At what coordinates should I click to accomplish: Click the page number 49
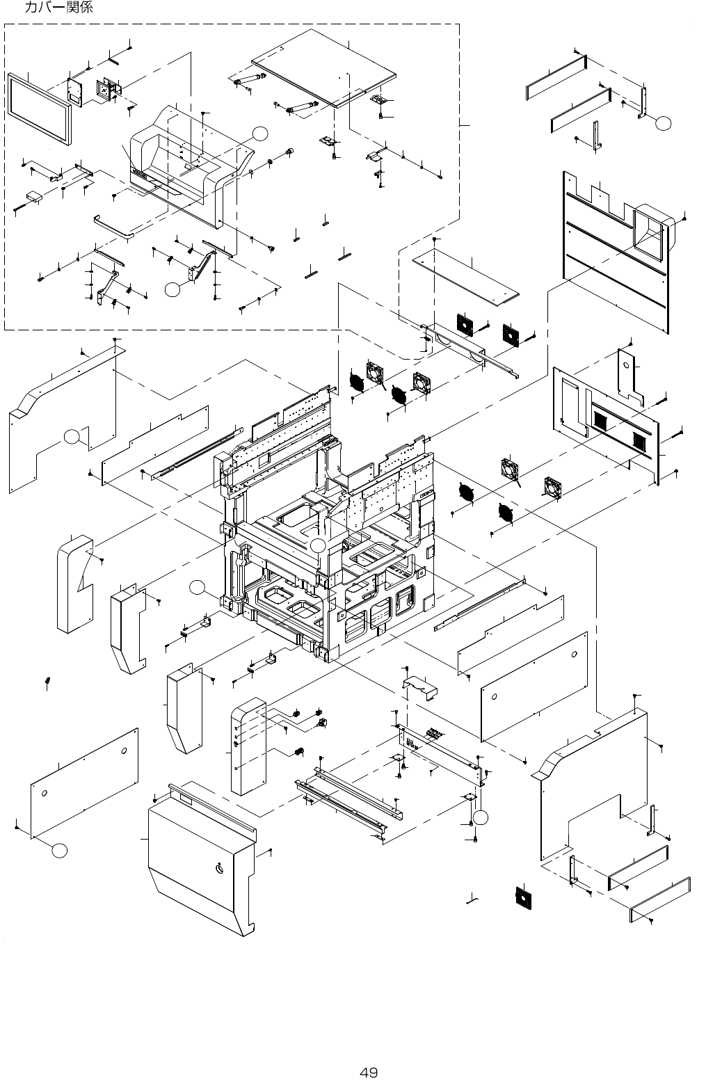coord(369,1073)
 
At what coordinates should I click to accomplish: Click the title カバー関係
coord(58,7)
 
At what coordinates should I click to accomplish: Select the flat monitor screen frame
coord(39,109)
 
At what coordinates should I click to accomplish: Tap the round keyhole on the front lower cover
coord(220,868)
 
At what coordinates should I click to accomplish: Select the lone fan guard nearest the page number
coord(523,898)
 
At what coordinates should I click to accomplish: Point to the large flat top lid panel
coord(323,67)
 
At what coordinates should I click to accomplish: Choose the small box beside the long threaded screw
coord(34,196)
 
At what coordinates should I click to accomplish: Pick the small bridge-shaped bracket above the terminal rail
coord(419,687)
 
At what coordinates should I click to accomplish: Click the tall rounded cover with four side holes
coord(248,746)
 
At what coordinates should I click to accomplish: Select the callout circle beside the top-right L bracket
coord(664,123)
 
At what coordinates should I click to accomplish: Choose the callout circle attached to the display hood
coord(260,134)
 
